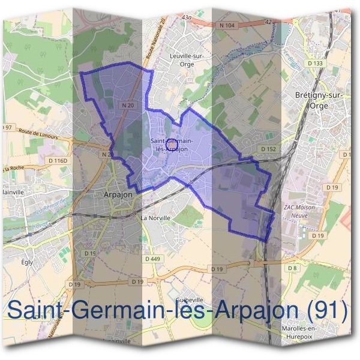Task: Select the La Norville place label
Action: (x=155, y=218)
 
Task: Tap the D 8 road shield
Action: (x=292, y=268)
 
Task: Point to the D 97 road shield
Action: (x=7, y=127)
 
